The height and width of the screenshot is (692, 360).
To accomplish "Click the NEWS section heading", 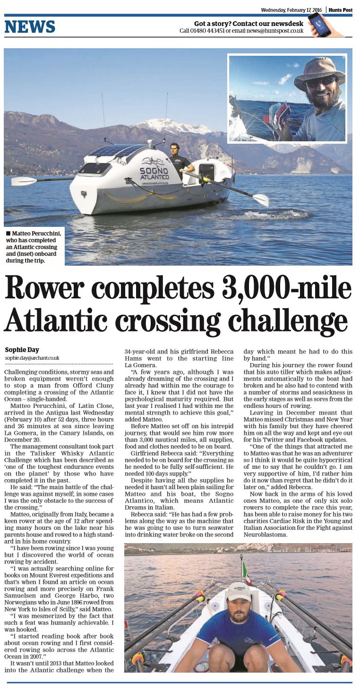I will (x=30, y=26).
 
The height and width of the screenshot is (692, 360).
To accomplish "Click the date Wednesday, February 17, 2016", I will (x=291, y=9).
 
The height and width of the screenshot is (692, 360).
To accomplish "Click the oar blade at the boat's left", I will (x=24, y=181).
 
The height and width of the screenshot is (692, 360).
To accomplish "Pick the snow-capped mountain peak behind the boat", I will (x=170, y=125).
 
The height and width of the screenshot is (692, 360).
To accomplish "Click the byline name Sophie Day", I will (x=22, y=350).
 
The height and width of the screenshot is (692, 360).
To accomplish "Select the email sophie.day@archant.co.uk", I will (x=32, y=358).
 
